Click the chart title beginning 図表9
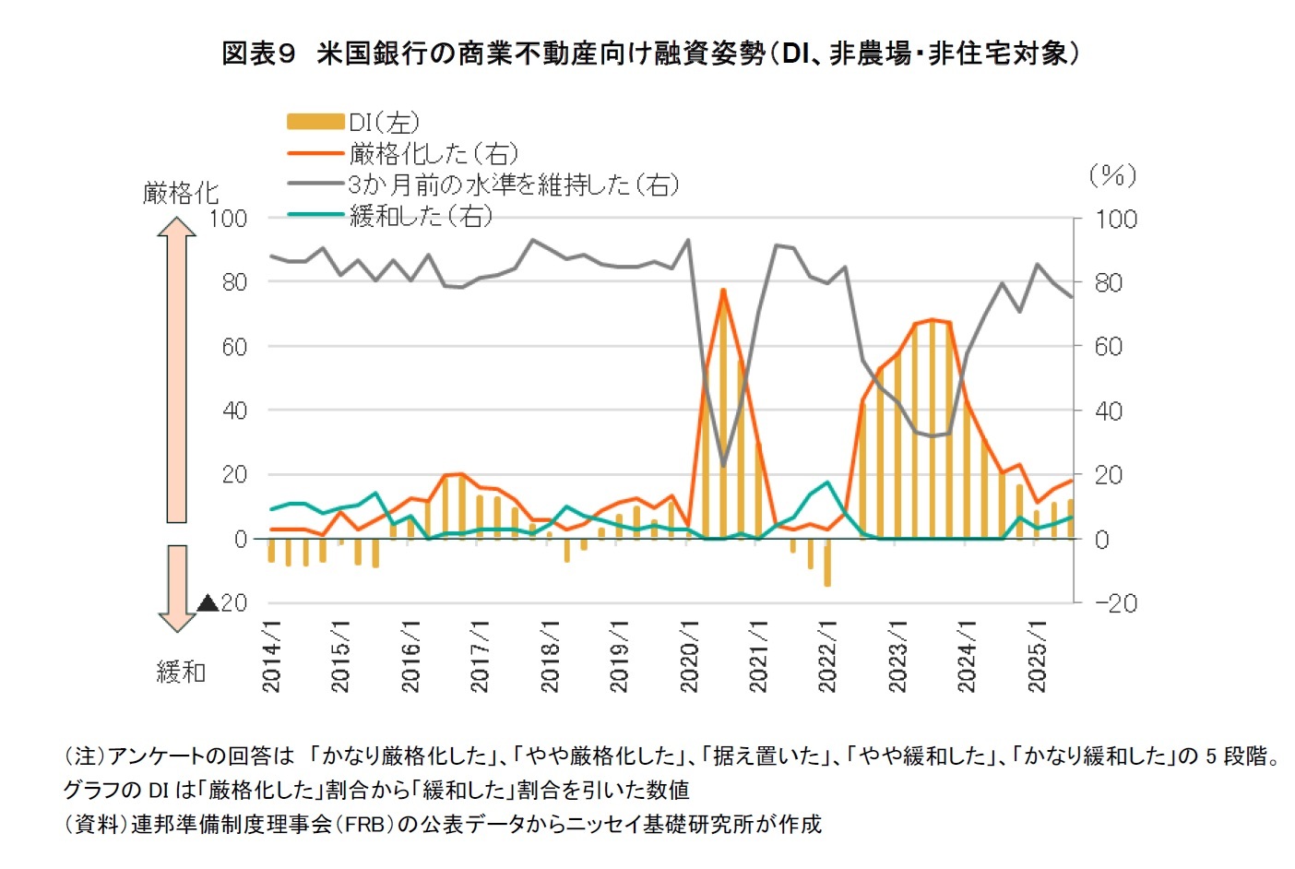649,54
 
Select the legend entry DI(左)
384,122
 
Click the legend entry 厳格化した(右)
434,153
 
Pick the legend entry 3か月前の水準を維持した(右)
513,185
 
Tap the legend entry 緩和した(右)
421,216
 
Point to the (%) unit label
1111,175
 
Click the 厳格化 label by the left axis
181,193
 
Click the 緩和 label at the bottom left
181,672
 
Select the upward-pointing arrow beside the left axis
176,369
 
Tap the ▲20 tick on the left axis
222,603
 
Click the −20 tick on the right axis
1115,603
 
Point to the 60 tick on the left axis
234,347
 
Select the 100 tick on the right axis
1115,220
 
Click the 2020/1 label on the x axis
689,656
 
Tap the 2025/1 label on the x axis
1037,656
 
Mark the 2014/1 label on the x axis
271,656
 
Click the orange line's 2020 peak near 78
723,290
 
